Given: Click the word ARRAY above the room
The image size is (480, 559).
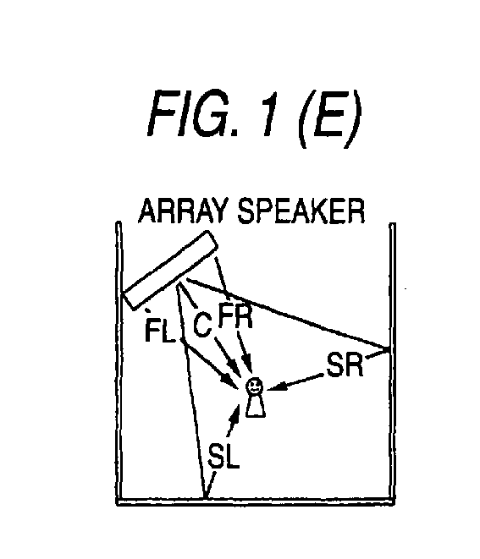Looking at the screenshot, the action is click(183, 211).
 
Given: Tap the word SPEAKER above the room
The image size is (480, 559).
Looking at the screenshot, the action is click(301, 211).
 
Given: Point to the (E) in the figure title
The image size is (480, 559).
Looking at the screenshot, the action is click(329, 118).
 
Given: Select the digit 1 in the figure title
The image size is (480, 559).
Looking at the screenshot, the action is click(269, 113).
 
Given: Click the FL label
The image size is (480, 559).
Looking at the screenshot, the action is click(160, 331).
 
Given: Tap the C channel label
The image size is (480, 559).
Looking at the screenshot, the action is click(202, 324).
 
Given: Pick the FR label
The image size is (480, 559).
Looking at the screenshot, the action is click(235, 315).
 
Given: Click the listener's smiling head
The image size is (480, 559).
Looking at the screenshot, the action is click(255, 386).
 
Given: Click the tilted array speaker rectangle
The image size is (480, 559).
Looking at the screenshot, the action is click(170, 271).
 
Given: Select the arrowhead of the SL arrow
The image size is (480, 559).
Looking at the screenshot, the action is click(235, 412).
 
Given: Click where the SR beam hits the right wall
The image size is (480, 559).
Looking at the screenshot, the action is click(389, 348).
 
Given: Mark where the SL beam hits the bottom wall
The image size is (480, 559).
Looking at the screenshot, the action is click(205, 497).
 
